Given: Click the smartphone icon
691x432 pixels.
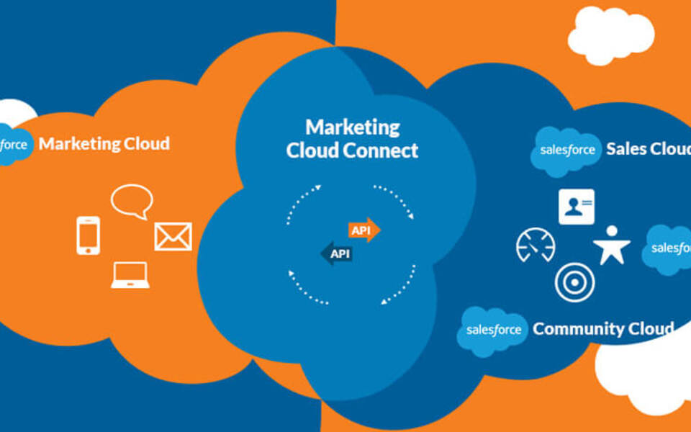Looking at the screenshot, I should (88, 235).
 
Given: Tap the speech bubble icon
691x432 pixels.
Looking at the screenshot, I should (132, 200).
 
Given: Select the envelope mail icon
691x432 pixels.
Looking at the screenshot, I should (173, 236).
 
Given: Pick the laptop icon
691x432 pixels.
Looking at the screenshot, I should (130, 275).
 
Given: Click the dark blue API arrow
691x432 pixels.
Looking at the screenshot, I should (336, 253).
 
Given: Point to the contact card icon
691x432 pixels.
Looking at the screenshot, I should (577, 207).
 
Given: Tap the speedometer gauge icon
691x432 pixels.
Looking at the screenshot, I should (536, 245).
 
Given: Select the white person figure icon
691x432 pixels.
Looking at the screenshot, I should (612, 245).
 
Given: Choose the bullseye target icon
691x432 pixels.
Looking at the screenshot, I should (574, 282).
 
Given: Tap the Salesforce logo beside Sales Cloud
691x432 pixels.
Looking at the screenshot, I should (567, 150).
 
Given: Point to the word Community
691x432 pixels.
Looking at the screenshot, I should (579, 329).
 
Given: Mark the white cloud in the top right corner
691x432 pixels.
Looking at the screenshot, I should (610, 34).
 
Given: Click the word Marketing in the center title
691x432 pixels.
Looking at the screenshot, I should (353, 127).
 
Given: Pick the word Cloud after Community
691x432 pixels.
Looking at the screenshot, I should (651, 329).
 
